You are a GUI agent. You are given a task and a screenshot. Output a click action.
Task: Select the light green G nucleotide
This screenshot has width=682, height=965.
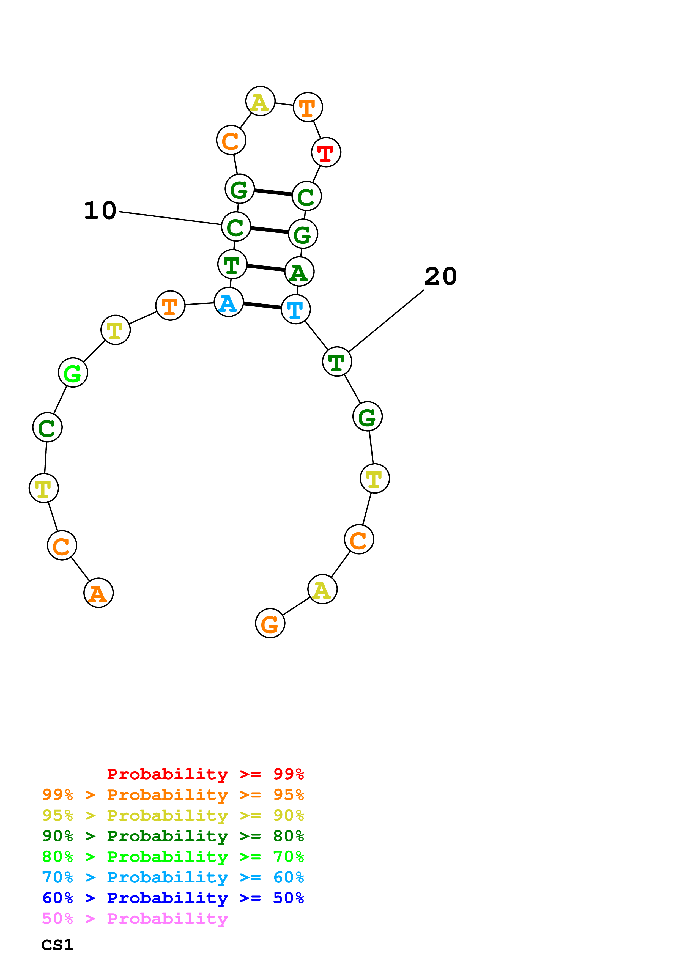(73, 372)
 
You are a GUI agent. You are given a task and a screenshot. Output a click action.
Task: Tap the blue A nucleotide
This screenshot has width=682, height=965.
(229, 302)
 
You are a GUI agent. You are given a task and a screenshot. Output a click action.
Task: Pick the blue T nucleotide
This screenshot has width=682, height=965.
(295, 309)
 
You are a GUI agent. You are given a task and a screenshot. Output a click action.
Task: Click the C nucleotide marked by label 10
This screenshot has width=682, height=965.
(236, 227)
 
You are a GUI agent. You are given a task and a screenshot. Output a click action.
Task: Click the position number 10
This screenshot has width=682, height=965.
(100, 210)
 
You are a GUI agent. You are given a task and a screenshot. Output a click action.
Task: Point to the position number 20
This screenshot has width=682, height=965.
(440, 276)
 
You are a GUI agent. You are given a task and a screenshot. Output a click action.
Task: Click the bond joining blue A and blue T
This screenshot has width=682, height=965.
(262, 306)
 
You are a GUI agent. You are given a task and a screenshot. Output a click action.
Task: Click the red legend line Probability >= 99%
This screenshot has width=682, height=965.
(205, 774)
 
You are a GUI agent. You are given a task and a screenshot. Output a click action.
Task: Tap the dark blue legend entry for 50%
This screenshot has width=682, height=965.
(173, 898)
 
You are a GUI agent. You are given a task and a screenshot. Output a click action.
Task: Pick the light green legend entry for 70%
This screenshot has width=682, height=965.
(173, 857)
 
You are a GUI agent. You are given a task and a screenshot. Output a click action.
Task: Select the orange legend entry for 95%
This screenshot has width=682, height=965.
(173, 795)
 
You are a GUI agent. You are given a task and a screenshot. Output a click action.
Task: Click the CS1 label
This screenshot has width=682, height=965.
(57, 945)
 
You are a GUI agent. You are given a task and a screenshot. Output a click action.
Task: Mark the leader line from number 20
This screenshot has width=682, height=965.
(386, 321)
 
